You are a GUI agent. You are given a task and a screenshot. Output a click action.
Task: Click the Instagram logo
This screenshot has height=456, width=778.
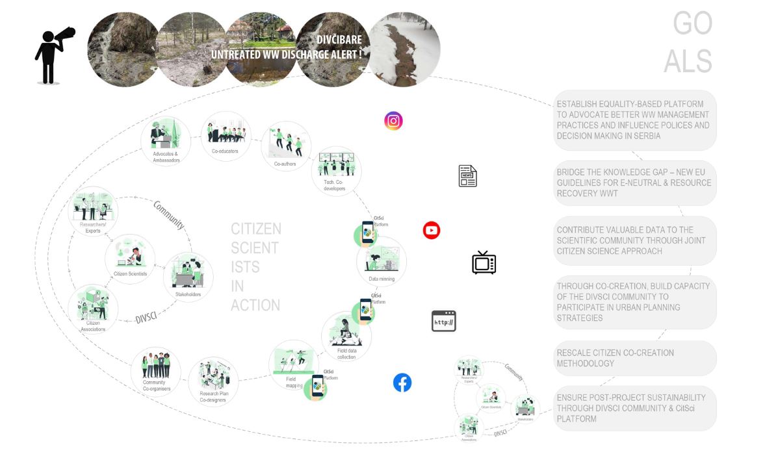pyautogui.click(x=393, y=121)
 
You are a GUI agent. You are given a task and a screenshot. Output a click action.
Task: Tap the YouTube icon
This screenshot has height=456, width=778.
pyautogui.click(x=432, y=231)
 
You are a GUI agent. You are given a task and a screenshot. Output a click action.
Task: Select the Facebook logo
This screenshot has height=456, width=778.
pyautogui.click(x=402, y=383)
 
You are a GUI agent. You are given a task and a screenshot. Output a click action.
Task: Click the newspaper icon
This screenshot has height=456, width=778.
pyautogui.click(x=467, y=176)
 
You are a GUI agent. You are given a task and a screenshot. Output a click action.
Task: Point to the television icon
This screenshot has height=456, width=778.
pyautogui.click(x=484, y=263)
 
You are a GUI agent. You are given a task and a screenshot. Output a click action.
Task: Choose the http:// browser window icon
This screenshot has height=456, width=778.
pyautogui.click(x=444, y=321)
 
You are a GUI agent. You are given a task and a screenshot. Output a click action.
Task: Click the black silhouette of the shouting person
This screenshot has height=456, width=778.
pyautogui.click(x=52, y=56)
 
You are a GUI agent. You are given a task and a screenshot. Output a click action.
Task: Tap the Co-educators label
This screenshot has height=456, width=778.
pyautogui.click(x=225, y=151)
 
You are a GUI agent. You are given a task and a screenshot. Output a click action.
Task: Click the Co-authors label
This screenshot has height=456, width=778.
pyautogui.click(x=285, y=164)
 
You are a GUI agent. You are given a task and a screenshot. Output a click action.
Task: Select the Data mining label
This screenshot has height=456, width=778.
pyautogui.click(x=382, y=279)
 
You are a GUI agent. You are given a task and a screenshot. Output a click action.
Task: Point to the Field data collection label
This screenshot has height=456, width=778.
pyautogui.click(x=347, y=354)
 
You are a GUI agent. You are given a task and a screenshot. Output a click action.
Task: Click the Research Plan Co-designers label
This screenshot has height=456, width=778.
pyautogui.click(x=214, y=397)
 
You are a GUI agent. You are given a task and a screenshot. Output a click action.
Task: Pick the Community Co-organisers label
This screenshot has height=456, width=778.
pyautogui.click(x=155, y=386)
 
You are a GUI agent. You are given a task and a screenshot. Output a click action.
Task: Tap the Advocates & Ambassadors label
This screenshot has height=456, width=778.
pyautogui.click(x=166, y=157)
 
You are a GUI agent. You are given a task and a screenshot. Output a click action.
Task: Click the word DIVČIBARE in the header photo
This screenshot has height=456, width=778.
pyautogui.click(x=339, y=40)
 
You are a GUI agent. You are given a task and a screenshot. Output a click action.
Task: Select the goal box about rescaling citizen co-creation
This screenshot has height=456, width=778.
pyautogui.click(x=634, y=359)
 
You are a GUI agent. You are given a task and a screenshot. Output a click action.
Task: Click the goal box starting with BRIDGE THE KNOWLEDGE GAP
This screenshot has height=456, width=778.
pyautogui.click(x=634, y=183)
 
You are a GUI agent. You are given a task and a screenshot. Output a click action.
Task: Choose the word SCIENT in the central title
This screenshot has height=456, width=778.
pyautogui.click(x=255, y=248)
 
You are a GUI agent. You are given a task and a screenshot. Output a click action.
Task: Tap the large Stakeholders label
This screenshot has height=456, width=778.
pyautogui.click(x=188, y=294)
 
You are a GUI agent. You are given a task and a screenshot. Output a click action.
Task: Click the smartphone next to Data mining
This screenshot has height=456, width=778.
pyautogui.click(x=368, y=233)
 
